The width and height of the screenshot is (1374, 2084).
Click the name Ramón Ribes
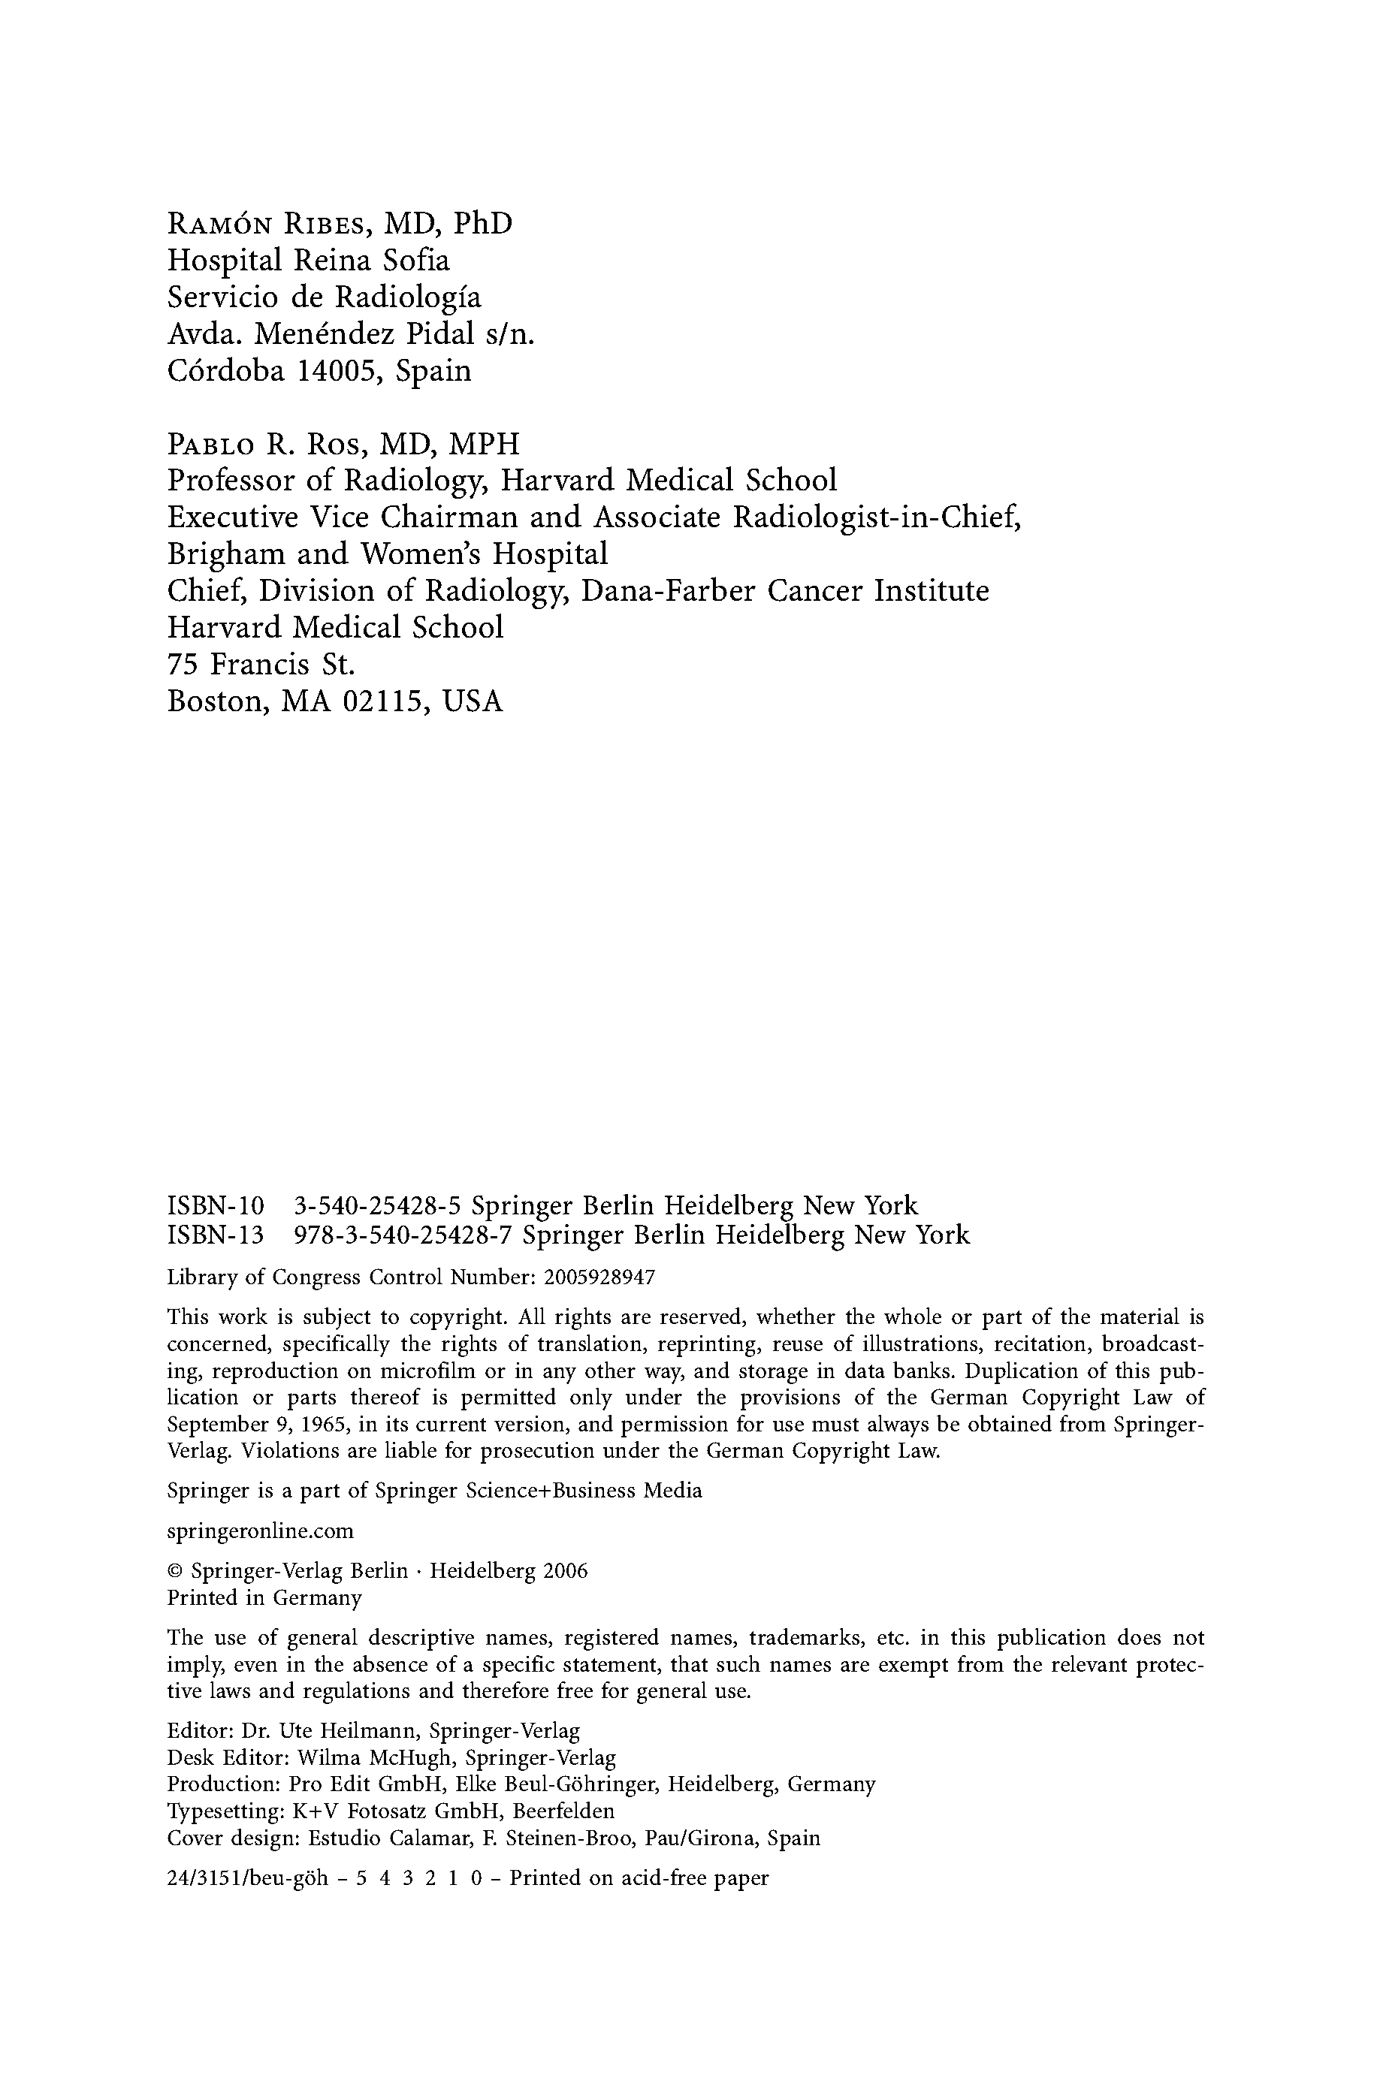click(x=262, y=225)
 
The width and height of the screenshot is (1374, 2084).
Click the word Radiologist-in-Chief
click(x=876, y=517)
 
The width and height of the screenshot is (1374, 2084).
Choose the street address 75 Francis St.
click(x=261, y=665)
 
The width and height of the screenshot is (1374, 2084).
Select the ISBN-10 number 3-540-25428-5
click(x=378, y=1206)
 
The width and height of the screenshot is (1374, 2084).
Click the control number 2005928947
click(x=599, y=1277)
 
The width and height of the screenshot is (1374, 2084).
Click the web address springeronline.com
click(x=260, y=1531)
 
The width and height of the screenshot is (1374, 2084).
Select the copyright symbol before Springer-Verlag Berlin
click(x=174, y=1572)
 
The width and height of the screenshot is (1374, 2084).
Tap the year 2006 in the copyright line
click(x=565, y=1572)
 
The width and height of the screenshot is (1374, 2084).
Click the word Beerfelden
click(x=563, y=1811)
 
